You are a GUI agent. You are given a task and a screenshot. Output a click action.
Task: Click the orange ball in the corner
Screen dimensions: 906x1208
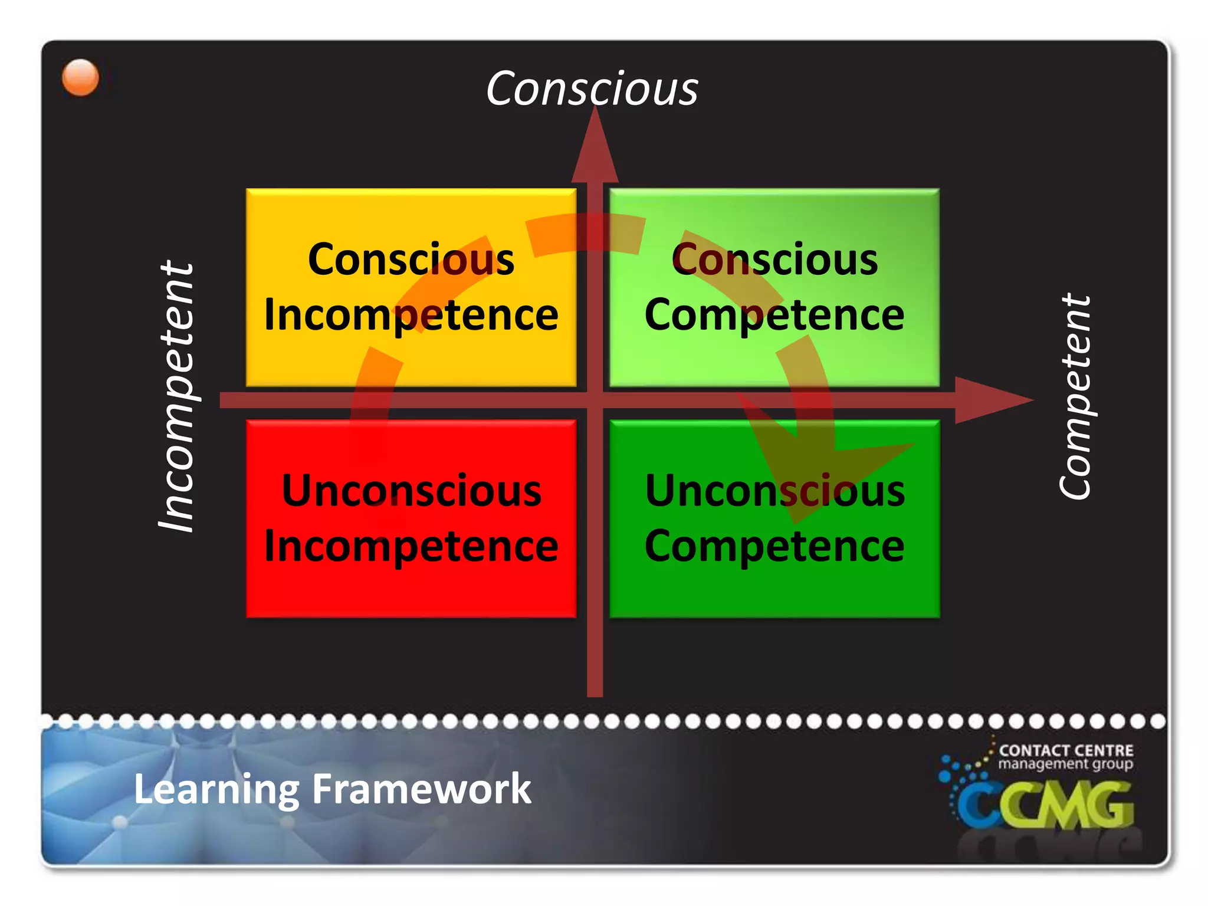pyautogui.click(x=80, y=77)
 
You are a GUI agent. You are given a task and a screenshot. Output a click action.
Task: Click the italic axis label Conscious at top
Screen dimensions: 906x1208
pyautogui.click(x=592, y=88)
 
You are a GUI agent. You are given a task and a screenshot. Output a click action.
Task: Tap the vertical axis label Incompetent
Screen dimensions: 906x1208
pyautogui.click(x=176, y=396)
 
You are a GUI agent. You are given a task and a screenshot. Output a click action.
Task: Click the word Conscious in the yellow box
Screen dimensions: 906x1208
pyautogui.click(x=411, y=260)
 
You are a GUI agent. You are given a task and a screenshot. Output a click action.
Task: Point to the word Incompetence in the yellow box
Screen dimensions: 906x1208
pyautogui.click(x=411, y=314)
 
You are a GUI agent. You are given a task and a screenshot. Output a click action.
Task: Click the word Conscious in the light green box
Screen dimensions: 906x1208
pyautogui.click(x=774, y=260)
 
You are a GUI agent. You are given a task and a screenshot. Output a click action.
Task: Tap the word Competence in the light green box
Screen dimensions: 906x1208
pyautogui.click(x=774, y=314)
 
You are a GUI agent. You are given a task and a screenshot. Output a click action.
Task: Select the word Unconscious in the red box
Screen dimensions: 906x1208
pyautogui.click(x=411, y=491)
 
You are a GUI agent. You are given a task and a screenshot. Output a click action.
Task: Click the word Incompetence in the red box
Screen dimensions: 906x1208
pyautogui.click(x=411, y=546)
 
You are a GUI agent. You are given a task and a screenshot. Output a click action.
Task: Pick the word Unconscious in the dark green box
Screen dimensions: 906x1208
pyautogui.click(x=774, y=491)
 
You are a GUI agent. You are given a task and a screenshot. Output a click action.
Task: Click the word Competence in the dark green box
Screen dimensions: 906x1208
pyautogui.click(x=774, y=546)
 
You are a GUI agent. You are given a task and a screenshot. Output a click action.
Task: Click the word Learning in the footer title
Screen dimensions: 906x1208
pyautogui.click(x=216, y=789)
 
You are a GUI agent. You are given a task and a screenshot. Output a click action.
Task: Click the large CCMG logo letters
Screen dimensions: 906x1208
pyautogui.click(x=1044, y=805)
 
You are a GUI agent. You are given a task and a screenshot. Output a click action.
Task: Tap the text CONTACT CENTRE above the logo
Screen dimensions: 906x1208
pyautogui.click(x=1066, y=750)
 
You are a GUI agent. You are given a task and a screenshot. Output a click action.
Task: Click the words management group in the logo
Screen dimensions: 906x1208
pyautogui.click(x=1065, y=764)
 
